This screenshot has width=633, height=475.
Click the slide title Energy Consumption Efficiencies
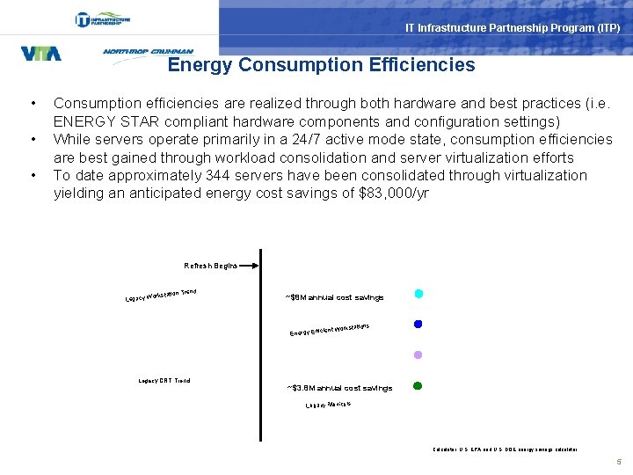click(321, 65)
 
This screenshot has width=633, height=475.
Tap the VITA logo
click(40, 54)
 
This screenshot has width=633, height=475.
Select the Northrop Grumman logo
click(148, 52)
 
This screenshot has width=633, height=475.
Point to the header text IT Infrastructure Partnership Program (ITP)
click(513, 28)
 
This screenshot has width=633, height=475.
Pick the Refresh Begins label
click(210, 266)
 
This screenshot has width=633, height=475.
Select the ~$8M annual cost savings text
click(334, 297)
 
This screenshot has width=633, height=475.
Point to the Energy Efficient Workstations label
click(329, 330)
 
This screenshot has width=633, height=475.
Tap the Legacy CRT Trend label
click(164, 381)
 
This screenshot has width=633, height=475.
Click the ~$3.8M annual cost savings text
click(339, 388)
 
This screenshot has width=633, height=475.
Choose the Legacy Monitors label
click(328, 405)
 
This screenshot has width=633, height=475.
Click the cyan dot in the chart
click(418, 294)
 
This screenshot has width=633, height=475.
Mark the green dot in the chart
click(418, 385)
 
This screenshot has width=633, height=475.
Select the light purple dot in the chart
click(418, 354)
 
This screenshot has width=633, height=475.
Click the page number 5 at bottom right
click(619, 461)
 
